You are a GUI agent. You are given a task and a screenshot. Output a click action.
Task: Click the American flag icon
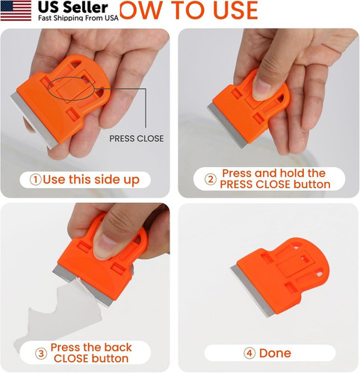click(16, 11)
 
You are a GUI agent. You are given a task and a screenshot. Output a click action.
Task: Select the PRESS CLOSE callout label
click(136, 139)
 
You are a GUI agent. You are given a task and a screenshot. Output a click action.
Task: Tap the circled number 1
click(34, 180)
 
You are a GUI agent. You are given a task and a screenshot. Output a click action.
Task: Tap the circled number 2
click(210, 180)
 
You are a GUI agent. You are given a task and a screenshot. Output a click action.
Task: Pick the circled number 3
click(41, 353)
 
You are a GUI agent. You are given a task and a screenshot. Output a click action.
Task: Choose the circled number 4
click(247, 353)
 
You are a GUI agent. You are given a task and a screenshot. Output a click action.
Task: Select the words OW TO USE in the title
click(190, 10)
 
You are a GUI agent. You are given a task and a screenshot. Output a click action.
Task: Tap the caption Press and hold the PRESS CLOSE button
click(273, 179)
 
